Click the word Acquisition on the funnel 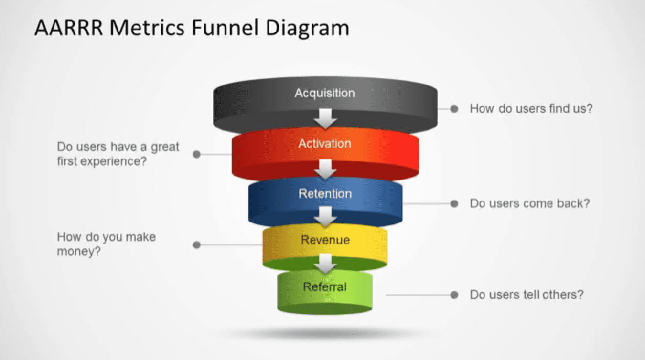click(x=324, y=93)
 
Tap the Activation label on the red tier click(x=324, y=143)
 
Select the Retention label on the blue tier click(x=325, y=193)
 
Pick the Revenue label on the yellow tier click(x=325, y=240)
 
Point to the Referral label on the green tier click(x=324, y=287)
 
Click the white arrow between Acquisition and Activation click(x=325, y=118)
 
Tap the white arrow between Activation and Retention click(x=325, y=169)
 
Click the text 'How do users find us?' click(x=531, y=108)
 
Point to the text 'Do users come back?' click(x=530, y=203)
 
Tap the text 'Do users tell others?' click(x=527, y=295)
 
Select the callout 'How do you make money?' click(x=106, y=244)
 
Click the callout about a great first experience click(x=118, y=154)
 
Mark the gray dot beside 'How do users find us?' click(x=454, y=109)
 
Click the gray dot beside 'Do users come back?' click(x=454, y=204)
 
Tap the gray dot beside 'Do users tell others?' click(x=454, y=295)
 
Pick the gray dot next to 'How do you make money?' click(x=196, y=245)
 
